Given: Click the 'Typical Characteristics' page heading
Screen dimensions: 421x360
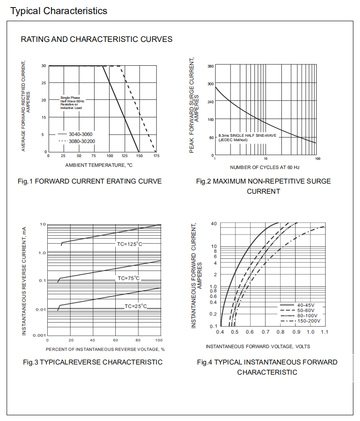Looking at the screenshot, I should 59,11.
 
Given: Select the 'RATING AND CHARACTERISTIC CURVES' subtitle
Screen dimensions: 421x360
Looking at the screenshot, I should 97,39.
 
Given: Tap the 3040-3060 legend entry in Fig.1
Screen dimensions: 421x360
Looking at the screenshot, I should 81,134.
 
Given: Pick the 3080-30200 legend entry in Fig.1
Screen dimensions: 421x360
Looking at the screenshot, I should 82,141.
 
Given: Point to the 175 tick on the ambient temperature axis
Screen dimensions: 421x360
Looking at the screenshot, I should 156,156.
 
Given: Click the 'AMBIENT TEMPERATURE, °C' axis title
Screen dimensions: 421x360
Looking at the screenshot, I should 99,165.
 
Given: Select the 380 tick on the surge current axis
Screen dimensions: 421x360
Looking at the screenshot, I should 211,66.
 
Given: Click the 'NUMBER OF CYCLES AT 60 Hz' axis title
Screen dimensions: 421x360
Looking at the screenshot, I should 265,168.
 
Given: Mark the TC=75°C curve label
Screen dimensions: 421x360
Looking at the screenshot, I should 129,278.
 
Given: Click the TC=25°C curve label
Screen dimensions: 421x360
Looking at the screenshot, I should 135,306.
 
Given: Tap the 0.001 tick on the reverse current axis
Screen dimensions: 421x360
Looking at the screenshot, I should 40,335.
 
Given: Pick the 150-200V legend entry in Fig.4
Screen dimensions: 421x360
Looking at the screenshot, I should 308,321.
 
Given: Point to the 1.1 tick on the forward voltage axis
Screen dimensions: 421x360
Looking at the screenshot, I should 325,332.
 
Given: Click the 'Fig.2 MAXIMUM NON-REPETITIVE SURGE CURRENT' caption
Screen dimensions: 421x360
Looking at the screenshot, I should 263,186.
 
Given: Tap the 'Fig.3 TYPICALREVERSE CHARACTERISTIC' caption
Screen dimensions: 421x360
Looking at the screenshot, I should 93,362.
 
